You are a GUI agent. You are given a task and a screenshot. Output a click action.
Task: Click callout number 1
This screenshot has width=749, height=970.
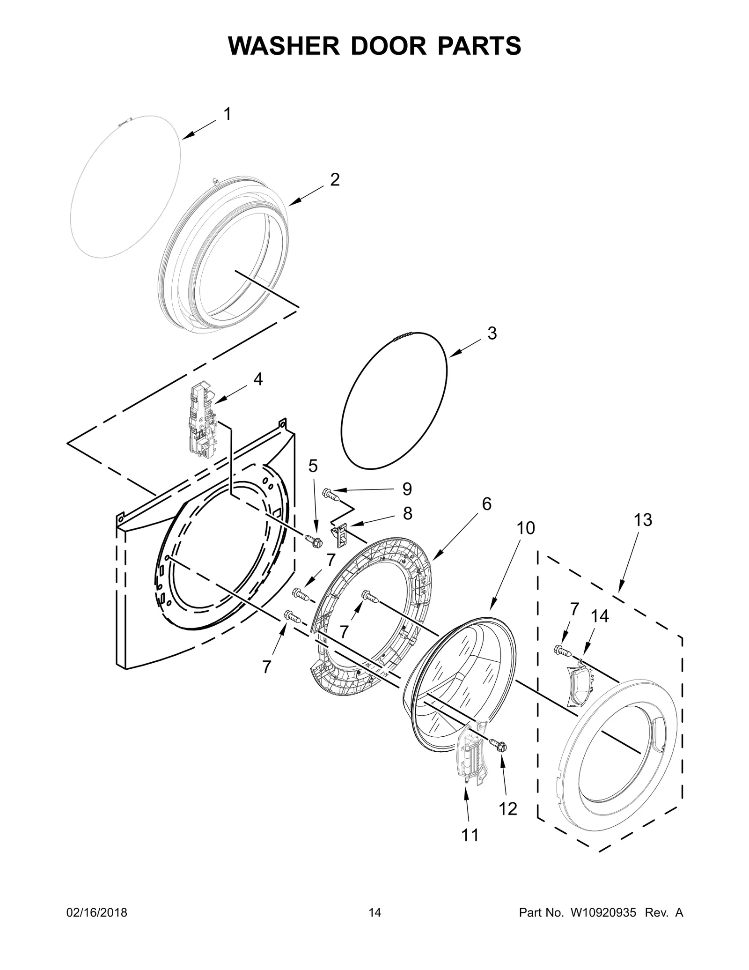tap(227, 114)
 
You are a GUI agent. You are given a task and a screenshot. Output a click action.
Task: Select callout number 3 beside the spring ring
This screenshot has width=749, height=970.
tap(492, 333)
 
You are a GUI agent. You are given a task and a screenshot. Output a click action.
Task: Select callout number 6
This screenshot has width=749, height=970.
tap(486, 504)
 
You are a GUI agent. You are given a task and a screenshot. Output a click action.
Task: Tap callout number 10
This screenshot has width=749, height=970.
tap(526, 528)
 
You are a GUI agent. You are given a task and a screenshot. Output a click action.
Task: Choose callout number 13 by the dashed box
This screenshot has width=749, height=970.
tap(643, 519)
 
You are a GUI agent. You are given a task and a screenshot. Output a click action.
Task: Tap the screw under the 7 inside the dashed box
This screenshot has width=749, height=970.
tap(562, 650)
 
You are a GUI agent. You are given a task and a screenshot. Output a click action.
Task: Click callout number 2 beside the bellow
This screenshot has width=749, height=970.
tap(334, 179)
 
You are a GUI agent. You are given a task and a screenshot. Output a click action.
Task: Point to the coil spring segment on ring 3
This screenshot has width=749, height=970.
tap(402, 336)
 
